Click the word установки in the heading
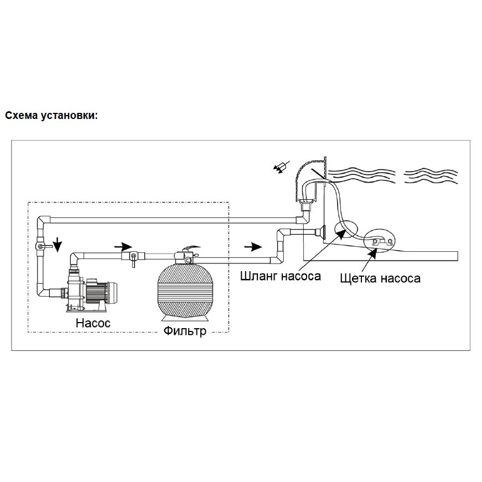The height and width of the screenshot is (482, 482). click(69, 116)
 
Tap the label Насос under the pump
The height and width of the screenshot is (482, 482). click(93, 322)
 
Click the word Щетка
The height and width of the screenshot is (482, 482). click(359, 278)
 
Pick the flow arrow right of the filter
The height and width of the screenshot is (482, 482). click(252, 245)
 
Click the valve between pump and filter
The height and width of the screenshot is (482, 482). click(133, 256)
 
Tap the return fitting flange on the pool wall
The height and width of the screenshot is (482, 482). click(321, 232)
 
